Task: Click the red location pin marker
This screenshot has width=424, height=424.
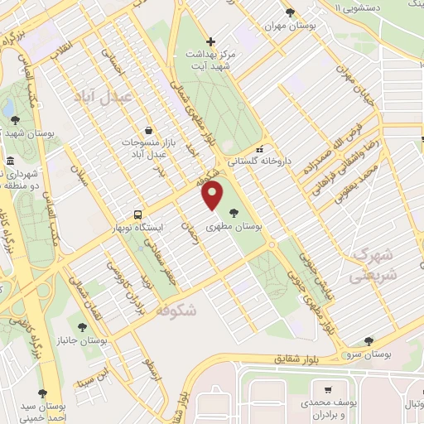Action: click(213, 195)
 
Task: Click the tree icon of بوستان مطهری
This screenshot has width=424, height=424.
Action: click(244, 212)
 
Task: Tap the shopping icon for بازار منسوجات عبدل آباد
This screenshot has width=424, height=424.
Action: click(148, 130)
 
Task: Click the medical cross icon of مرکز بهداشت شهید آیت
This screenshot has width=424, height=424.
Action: click(211, 41)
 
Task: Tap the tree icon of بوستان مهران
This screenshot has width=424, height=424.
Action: click(289, 12)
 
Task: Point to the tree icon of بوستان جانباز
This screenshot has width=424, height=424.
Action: click(81, 327)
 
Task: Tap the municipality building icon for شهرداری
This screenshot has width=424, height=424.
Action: click(10, 161)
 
